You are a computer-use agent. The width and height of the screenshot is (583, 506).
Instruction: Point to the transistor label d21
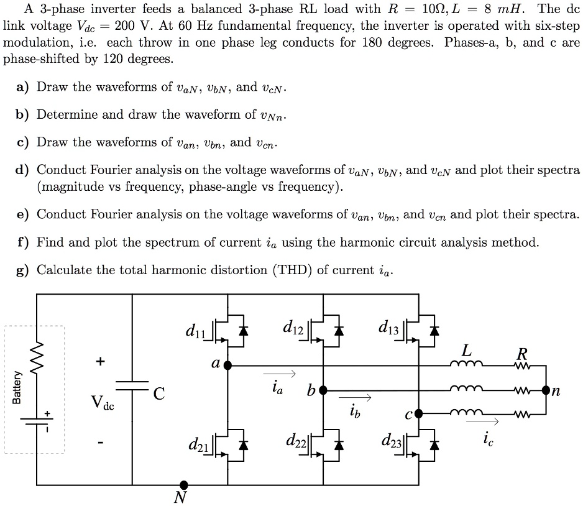pyautogui.click(x=198, y=445)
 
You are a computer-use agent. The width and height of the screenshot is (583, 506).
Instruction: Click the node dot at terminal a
pyautogui.click(x=227, y=366)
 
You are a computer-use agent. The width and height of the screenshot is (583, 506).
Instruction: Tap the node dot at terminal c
pyautogui.click(x=418, y=412)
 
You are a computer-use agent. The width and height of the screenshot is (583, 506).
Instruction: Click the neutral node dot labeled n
pyautogui.click(x=546, y=390)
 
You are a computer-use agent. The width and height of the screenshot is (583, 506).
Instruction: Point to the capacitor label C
pyautogui.click(x=160, y=393)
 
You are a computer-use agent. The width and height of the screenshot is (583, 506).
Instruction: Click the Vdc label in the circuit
pyautogui.click(x=103, y=402)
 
